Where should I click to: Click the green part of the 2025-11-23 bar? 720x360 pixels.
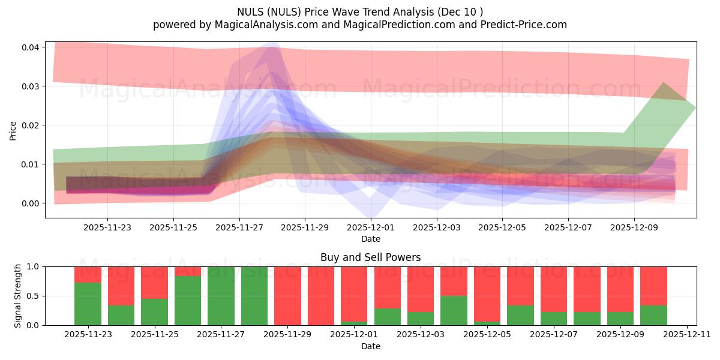pos(88,304)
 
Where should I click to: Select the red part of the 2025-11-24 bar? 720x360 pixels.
pos(121,286)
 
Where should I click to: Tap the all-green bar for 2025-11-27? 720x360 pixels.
pos(221,296)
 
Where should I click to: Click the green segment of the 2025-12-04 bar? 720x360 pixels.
pos(454,310)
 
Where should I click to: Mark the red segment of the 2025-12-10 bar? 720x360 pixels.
pos(653,286)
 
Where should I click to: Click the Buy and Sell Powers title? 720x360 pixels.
pos(370,257)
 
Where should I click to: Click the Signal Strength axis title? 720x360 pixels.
pos(18,296)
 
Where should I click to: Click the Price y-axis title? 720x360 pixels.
pos(13,130)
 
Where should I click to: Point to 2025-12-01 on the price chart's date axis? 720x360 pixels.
pos(371,227)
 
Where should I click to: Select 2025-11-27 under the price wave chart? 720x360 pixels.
pos(239,227)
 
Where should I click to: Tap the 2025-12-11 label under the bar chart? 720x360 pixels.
pos(686,335)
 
